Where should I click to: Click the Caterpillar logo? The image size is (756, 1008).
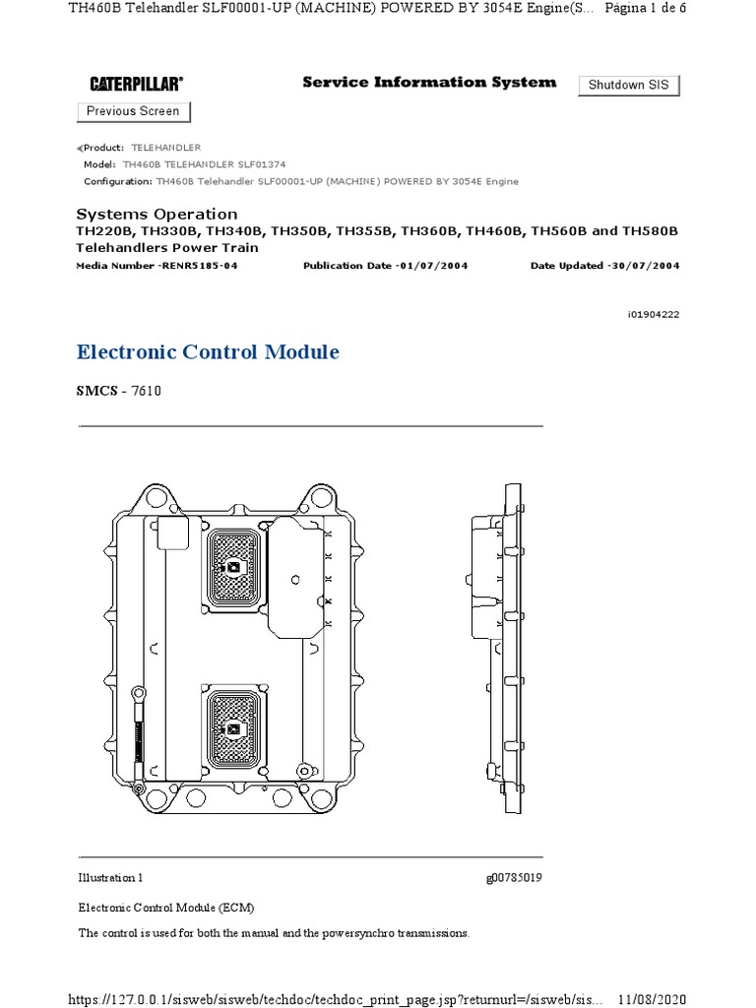(x=137, y=85)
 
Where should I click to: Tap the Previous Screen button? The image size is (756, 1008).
(x=133, y=112)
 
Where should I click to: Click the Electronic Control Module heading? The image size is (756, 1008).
(x=208, y=352)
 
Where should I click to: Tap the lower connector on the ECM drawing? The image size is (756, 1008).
(x=233, y=728)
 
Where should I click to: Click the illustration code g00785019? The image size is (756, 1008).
(x=513, y=877)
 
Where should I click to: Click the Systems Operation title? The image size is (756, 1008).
(x=157, y=215)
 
